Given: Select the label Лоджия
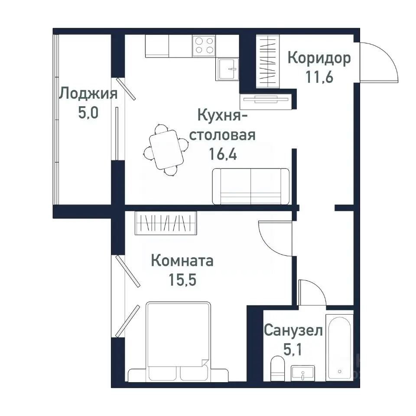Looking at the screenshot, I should (88, 93).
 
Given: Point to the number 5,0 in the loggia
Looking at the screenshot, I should (88, 113).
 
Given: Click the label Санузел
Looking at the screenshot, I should (293, 331).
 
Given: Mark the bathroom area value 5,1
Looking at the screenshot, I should (293, 349).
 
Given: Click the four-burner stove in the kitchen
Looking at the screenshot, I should (205, 45).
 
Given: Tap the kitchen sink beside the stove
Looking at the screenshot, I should (227, 68).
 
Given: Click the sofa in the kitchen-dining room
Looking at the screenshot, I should (250, 186).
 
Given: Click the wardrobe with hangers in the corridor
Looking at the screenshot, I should (269, 61).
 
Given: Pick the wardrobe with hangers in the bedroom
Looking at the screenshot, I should (166, 223).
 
